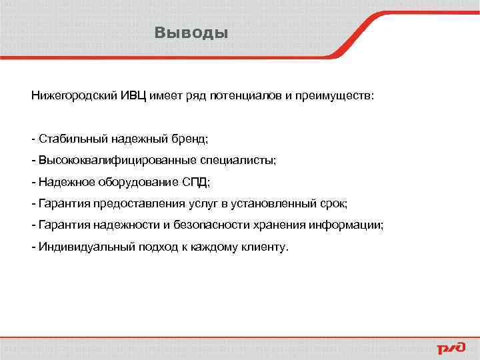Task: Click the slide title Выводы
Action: (x=191, y=33)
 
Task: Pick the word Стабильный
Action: (x=69, y=139)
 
